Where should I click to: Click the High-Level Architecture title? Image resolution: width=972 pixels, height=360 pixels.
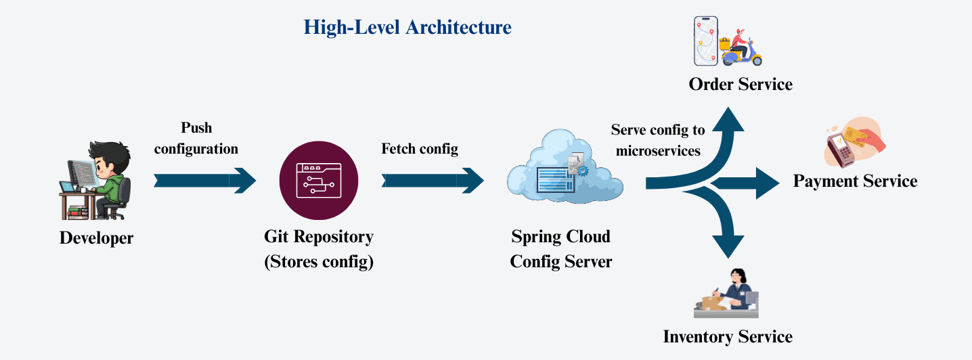[407, 28]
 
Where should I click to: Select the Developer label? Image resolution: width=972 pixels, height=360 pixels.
[96, 238]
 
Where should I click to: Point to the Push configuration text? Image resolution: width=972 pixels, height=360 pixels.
[196, 138]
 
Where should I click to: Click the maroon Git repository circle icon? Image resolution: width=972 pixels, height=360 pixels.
[319, 179]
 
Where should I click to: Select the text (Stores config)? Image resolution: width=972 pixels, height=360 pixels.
[319, 262]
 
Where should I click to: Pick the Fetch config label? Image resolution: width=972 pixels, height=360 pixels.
[420, 149]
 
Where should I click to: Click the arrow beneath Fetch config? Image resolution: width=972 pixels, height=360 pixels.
[433, 180]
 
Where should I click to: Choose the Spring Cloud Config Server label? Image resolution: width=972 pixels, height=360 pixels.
[561, 249]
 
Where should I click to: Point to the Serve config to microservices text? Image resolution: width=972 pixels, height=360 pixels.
[657, 140]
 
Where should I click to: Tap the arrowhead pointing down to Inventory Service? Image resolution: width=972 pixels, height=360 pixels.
[728, 246]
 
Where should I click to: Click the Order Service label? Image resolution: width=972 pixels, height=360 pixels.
[741, 85]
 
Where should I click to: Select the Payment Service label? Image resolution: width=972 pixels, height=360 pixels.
[855, 181]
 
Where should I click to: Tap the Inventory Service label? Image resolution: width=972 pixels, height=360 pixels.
[728, 337]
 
